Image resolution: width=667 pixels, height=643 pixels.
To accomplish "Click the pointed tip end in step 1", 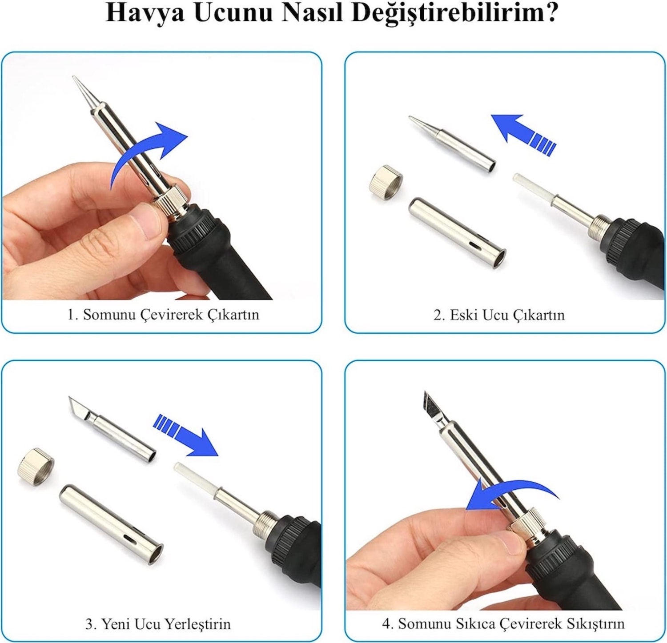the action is pos(74,77).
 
